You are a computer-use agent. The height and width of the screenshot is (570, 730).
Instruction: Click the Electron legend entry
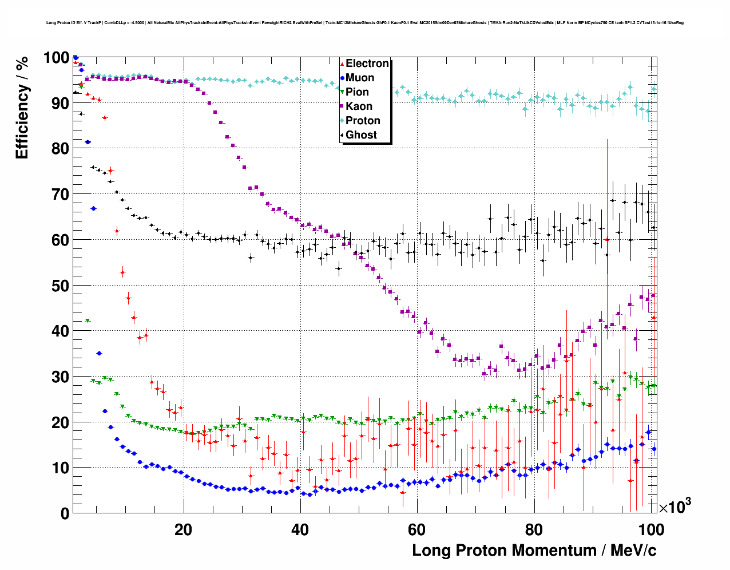367,64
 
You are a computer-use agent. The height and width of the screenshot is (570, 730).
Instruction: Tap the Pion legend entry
357,92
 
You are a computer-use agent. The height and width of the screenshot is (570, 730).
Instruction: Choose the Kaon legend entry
359,106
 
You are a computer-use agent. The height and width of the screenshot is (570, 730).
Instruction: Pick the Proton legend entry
363,121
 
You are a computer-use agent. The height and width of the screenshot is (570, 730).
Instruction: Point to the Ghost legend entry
361,135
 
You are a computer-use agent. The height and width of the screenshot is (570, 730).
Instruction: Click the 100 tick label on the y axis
56,58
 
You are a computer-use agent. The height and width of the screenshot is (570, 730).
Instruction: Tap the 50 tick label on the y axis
60,286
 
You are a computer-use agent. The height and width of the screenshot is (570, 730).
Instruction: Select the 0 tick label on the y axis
65,513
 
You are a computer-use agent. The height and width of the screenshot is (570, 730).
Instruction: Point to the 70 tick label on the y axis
60,195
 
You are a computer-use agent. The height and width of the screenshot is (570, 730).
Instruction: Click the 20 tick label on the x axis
184,529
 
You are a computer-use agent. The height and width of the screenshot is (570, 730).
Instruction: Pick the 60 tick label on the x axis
417,529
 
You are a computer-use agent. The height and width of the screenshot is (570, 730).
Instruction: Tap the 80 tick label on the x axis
534,529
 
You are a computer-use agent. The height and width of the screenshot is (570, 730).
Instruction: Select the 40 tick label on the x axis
300,529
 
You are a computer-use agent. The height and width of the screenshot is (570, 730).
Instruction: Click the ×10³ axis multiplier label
675,506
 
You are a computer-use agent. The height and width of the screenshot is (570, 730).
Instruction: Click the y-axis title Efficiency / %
22,108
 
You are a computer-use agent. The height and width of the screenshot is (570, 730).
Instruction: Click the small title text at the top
364,23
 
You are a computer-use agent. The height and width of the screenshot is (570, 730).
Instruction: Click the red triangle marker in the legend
342,64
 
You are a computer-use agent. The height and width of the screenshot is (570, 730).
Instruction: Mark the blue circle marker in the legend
342,78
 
